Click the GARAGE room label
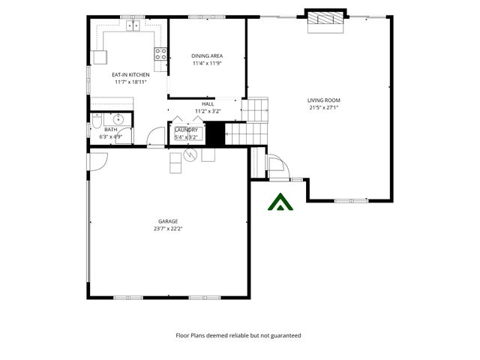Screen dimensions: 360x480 click(168, 221)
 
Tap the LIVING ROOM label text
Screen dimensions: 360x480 click(324, 100)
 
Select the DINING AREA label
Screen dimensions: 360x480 click(207, 56)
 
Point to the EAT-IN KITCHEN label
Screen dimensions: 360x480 click(130, 75)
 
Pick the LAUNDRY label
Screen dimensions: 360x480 click(186, 130)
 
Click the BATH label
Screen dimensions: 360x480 click(110, 130)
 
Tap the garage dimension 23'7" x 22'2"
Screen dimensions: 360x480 click(168, 228)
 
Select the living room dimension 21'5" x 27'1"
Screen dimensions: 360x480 click(324, 107)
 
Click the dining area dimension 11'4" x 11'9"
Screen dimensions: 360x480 click(207, 63)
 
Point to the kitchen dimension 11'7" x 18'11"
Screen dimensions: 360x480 click(130, 82)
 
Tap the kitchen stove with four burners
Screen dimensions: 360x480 click(160, 53)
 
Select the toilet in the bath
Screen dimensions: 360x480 click(97, 124)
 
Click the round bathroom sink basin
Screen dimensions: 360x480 click(118, 119)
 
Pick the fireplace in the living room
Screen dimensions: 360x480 click(326, 20)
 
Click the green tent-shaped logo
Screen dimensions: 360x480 click(280, 202)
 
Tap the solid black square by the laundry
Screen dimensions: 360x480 click(215, 134)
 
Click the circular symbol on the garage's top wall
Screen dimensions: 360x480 click(190, 154)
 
